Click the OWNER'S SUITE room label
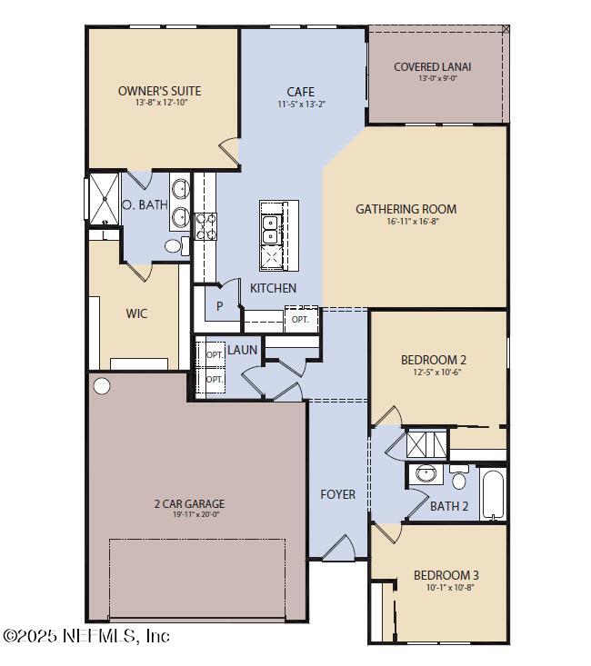click(x=159, y=91)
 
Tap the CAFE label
click(x=300, y=92)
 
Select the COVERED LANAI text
click(x=432, y=66)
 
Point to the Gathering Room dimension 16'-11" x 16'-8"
click(x=406, y=222)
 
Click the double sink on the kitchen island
click(x=269, y=230)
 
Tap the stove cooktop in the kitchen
click(x=205, y=225)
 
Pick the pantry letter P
click(x=219, y=306)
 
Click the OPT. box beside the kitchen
click(x=300, y=320)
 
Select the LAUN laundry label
click(x=242, y=349)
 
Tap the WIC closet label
click(x=136, y=313)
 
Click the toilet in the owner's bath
click(x=176, y=245)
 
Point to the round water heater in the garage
click(x=102, y=386)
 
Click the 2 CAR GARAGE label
click(x=188, y=503)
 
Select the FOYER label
click(x=337, y=494)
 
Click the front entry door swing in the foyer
click(x=338, y=548)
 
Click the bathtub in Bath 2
click(x=492, y=495)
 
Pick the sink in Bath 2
click(x=426, y=473)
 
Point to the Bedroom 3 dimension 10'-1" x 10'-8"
click(x=446, y=587)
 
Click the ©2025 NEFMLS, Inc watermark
click(x=85, y=635)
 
